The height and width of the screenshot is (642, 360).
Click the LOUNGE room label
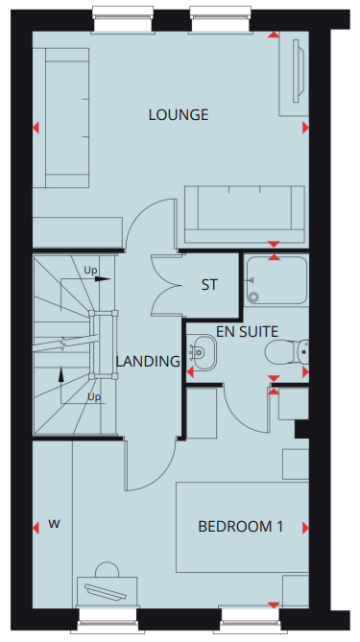coord(179,114)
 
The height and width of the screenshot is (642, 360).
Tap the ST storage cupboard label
coord(209,285)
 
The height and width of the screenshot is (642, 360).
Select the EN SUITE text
coord(247,332)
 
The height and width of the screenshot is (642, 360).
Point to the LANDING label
coord(148,361)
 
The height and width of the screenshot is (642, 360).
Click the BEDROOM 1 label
coord(240,527)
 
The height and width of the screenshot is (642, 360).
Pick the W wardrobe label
coord(54,523)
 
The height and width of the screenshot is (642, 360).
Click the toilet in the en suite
coord(287,352)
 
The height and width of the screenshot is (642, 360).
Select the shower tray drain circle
coord(254,297)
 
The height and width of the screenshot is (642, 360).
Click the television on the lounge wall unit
coord(299,70)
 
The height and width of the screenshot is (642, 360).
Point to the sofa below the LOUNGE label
coord(244,215)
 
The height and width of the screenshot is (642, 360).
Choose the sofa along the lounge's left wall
coord(60,117)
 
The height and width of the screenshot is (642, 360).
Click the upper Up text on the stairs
coord(91,271)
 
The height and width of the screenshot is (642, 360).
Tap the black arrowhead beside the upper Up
coord(104,279)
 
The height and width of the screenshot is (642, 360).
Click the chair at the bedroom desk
coord(107,569)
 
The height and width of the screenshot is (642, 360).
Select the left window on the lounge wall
coord(123,19)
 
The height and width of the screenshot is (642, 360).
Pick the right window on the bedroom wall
coord(251,623)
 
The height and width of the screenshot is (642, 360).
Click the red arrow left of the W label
coord(36,528)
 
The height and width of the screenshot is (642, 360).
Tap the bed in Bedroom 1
coord(243,528)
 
